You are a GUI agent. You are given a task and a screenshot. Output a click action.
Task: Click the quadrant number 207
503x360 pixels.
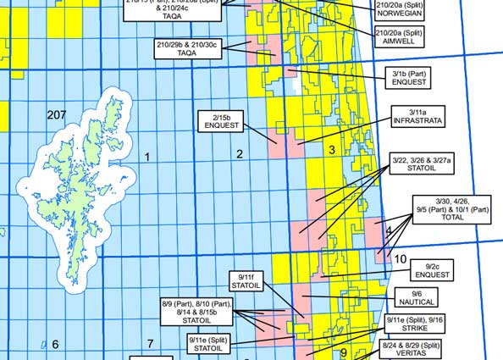(x=57, y=115)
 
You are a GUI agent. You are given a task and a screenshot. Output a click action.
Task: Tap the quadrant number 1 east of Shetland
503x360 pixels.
(x=147, y=157)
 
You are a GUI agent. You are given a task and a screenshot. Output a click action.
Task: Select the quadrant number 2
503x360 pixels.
(x=240, y=154)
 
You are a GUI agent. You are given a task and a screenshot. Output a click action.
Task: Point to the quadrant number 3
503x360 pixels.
(x=332, y=150)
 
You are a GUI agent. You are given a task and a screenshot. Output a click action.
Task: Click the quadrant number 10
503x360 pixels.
(x=401, y=259)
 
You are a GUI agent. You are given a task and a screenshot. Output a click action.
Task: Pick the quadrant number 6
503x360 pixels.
(x=55, y=344)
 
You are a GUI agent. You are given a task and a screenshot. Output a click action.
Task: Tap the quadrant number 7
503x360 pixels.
(x=150, y=343)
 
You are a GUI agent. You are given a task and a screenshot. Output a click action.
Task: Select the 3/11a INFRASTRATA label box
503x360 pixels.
(x=416, y=117)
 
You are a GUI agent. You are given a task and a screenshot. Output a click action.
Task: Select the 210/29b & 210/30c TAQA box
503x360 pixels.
(x=187, y=48)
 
